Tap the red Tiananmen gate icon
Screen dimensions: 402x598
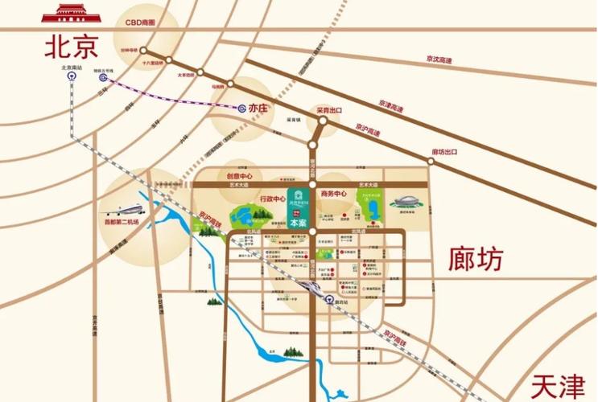(71, 14)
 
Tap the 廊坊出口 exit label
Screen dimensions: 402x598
(443, 152)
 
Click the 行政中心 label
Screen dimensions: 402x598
(273, 199)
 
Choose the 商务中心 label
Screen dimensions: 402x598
(332, 194)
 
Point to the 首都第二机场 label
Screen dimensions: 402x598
(121, 223)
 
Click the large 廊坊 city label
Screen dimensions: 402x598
(476, 259)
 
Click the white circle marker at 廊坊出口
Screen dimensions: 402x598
(429, 162)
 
